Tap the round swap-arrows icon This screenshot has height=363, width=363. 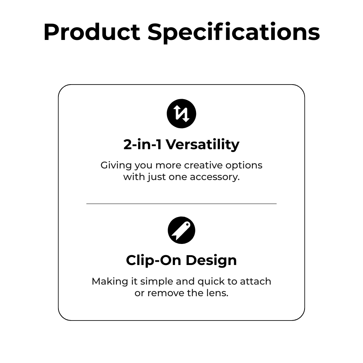pos(181,113)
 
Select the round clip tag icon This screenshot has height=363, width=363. pos(181,230)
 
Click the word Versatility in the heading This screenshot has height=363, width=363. pos(203,145)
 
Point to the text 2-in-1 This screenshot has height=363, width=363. pos(142,144)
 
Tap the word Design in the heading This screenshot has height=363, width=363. pos(211,261)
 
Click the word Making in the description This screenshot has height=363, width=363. pos(110,282)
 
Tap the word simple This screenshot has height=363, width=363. pos(157,282)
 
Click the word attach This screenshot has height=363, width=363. pos(256,282)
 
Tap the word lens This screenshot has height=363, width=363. pos(217,293)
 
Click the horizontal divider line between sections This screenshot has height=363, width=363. pos(181,204)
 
